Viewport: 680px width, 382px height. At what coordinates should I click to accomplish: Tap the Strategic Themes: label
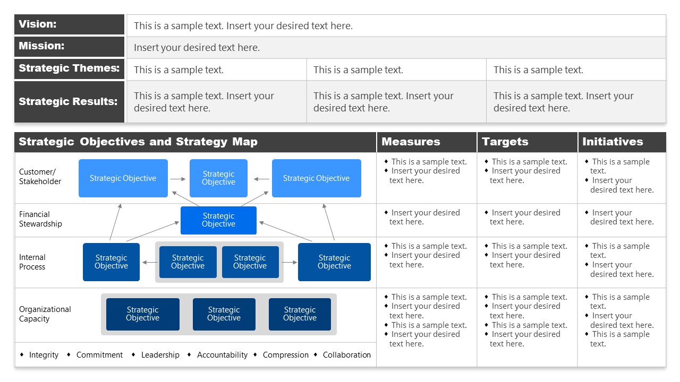click(69, 68)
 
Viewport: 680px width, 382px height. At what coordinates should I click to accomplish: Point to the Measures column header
click(411, 142)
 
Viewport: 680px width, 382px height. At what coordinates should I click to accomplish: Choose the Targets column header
click(505, 142)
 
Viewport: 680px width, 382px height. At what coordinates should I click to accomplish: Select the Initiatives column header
click(613, 142)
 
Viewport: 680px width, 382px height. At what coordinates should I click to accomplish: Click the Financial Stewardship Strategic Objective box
click(218, 220)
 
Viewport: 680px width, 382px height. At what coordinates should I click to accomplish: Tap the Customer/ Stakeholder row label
click(40, 177)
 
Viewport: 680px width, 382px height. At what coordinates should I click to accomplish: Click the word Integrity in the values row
click(44, 355)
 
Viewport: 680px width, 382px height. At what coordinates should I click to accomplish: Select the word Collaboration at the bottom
click(346, 355)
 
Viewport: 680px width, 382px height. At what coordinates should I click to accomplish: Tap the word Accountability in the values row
click(222, 355)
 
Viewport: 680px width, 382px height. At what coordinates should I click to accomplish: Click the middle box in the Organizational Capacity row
click(224, 314)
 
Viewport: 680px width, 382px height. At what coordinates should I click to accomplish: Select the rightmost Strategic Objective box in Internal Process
click(334, 262)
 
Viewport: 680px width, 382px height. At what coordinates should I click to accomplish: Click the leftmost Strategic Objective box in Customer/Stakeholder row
click(123, 178)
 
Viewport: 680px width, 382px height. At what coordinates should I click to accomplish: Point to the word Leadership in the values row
click(160, 355)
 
